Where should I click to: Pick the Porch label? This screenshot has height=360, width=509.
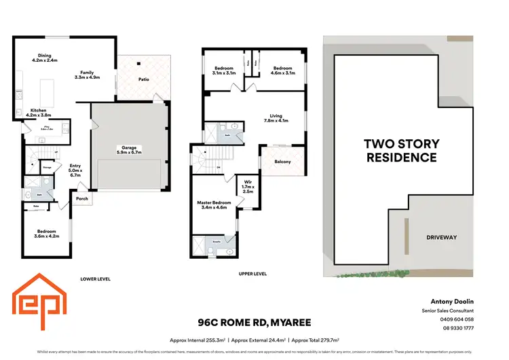pos(82,199)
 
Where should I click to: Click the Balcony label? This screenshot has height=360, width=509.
pos(282,162)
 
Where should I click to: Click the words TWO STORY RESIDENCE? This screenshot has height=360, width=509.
pos(402,150)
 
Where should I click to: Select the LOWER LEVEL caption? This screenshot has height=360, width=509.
pos(95,278)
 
